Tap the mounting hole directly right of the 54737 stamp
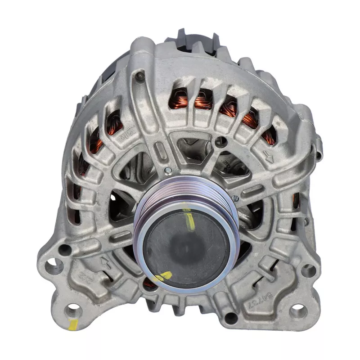[298, 310]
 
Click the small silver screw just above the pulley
[168, 170]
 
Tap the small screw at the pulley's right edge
[234, 198]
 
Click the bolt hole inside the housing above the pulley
[220, 141]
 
